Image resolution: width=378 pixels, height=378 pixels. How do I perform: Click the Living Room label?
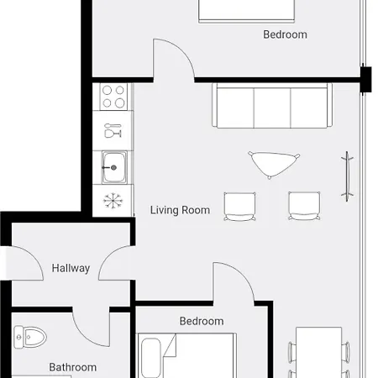pyautogui.click(x=180, y=210)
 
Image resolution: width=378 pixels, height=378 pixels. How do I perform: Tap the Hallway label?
pyautogui.click(x=71, y=268)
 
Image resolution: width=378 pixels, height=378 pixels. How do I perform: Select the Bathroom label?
pyautogui.click(x=73, y=367)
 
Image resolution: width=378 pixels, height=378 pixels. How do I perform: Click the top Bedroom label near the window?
pyautogui.click(x=285, y=34)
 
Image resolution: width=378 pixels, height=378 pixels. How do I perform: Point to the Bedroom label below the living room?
pyautogui.click(x=202, y=321)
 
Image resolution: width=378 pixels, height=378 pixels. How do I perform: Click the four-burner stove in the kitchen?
pyautogui.click(x=113, y=97)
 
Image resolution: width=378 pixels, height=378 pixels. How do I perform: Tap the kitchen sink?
pyautogui.click(x=114, y=167)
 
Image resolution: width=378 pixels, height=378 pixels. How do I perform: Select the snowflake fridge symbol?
pyautogui.click(x=113, y=201)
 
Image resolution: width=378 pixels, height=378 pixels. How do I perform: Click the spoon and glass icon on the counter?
pyautogui.click(x=113, y=130)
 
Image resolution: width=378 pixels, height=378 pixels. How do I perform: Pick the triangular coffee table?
pyautogui.click(x=273, y=164)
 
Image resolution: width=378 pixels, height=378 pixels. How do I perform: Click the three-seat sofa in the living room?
pyautogui.click(x=272, y=106)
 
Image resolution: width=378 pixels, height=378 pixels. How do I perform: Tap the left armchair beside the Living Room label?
pyautogui.click(x=239, y=207)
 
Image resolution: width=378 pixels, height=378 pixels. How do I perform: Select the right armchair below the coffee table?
pyautogui.click(x=304, y=206)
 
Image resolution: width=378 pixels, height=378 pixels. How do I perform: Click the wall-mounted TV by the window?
pyautogui.click(x=347, y=176)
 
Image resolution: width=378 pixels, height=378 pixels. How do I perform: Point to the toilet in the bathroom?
pyautogui.click(x=30, y=337)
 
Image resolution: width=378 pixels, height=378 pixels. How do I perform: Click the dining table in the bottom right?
pyautogui.click(x=318, y=352)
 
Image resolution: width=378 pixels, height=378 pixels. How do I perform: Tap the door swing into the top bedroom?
pyautogui.click(x=182, y=50)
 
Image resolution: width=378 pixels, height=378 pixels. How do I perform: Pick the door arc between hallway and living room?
pyautogui.click(x=108, y=256)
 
